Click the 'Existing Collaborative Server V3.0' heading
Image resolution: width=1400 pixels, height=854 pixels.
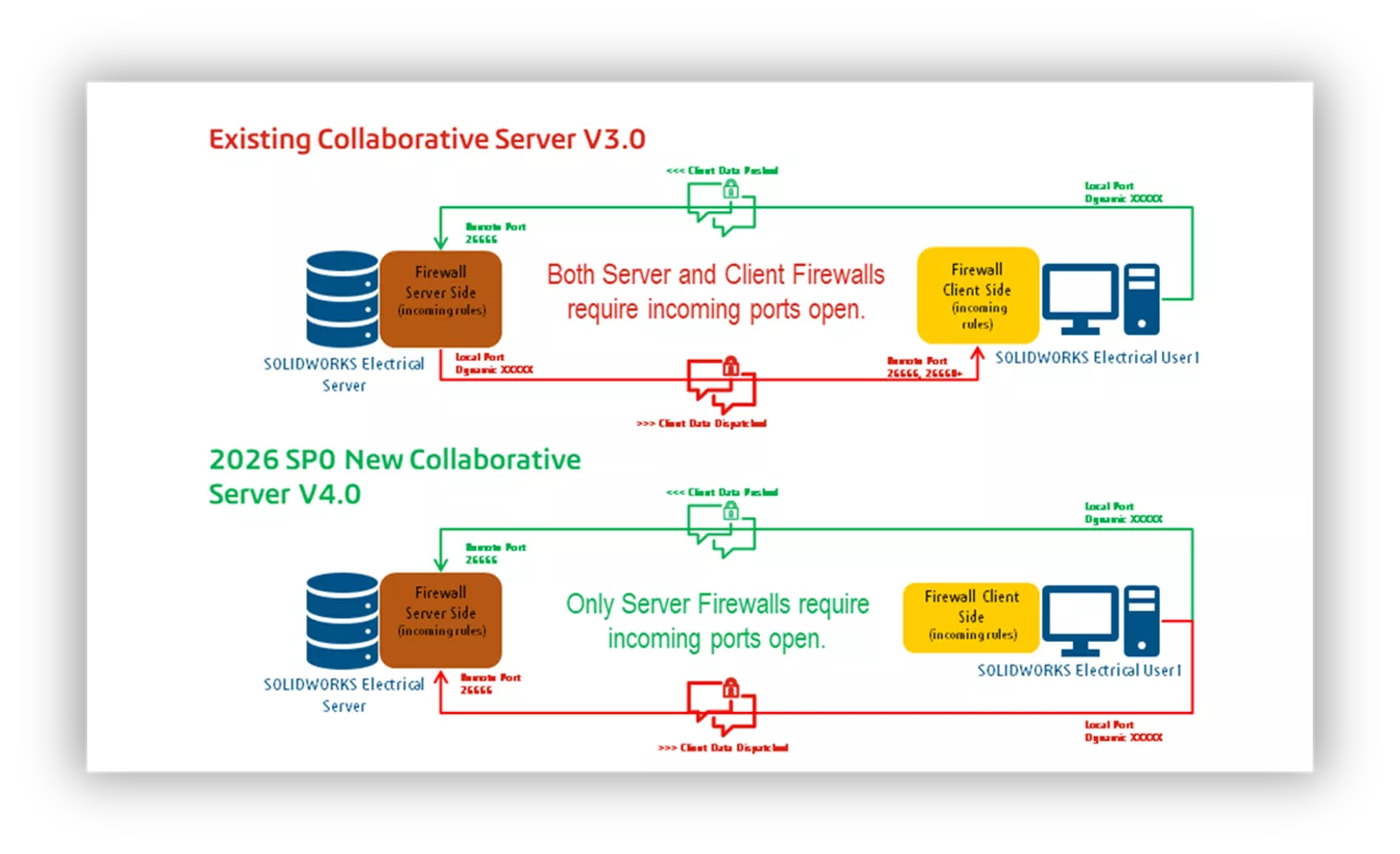click(x=427, y=140)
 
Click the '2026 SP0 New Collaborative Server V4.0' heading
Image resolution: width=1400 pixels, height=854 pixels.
click(x=393, y=476)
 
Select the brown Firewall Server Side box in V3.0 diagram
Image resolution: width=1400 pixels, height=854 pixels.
click(x=440, y=297)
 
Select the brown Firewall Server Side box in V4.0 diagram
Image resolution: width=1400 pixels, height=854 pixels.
click(x=440, y=619)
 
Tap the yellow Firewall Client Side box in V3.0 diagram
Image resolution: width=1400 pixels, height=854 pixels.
click(x=977, y=296)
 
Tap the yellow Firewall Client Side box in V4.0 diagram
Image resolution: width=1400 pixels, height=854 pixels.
click(x=971, y=617)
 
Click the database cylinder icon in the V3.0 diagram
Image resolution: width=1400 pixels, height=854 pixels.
click(x=342, y=298)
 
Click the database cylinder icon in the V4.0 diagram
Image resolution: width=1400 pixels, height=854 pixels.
click(x=342, y=620)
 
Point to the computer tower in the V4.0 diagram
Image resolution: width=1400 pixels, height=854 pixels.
click(x=1141, y=620)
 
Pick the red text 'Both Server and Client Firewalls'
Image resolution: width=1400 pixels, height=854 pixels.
click(x=715, y=275)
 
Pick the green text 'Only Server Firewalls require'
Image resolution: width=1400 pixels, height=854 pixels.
click(x=717, y=605)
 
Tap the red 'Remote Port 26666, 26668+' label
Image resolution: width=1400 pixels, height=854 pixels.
click(x=922, y=368)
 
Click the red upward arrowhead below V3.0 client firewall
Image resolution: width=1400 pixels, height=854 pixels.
click(x=977, y=353)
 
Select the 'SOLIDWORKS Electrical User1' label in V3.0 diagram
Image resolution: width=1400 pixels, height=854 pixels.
click(x=1096, y=358)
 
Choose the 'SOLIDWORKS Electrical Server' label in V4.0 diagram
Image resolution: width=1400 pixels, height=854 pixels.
click(x=344, y=695)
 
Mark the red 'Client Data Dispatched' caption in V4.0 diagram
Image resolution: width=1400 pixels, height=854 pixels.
click(x=723, y=747)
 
